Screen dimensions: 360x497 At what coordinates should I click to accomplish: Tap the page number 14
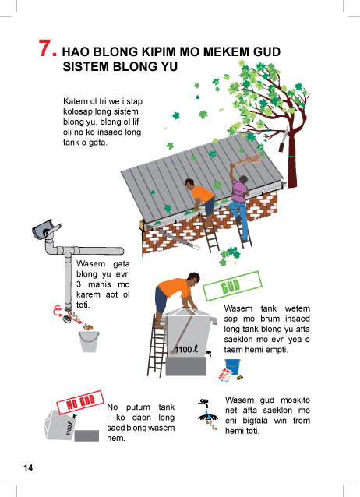tap(28, 468)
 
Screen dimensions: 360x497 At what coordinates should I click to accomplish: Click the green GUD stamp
tap(232, 286)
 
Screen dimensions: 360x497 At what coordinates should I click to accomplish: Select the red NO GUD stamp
tap(80, 402)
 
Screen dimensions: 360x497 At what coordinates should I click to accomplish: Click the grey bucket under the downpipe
tap(89, 341)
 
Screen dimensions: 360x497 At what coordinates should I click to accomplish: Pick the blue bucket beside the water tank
tap(232, 366)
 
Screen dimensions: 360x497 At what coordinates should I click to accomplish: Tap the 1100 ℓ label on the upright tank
tap(186, 349)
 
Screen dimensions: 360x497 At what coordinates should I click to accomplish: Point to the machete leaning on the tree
tap(283, 138)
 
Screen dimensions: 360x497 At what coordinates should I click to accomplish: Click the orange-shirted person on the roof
tap(200, 200)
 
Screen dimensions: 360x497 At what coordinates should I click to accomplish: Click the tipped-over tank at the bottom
tap(60, 425)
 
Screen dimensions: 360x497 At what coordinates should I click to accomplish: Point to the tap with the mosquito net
tap(208, 414)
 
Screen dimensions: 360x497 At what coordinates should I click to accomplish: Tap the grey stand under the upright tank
tap(186, 366)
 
